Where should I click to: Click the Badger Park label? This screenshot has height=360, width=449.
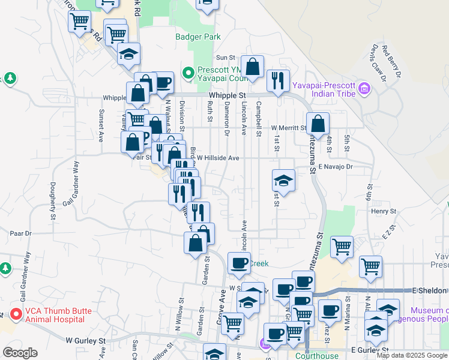198,37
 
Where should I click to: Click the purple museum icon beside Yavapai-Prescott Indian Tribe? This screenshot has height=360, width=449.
363,90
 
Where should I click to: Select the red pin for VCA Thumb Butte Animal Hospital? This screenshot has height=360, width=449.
16,314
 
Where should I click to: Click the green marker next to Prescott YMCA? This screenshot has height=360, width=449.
188,73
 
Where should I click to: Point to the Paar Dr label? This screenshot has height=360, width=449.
20,232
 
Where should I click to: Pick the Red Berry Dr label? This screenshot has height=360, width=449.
391,61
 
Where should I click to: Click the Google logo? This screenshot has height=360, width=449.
20,353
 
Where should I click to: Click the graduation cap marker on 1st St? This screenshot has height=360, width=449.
284,181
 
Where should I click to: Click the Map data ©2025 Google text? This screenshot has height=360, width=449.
412,355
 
